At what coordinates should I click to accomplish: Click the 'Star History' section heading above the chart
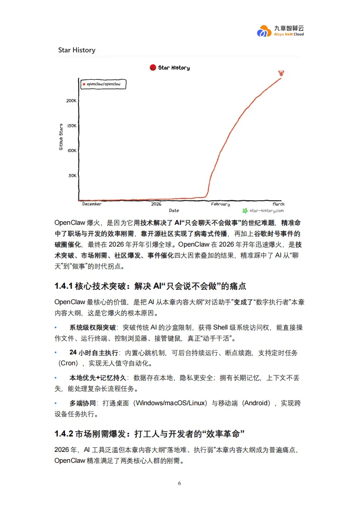point(77,50)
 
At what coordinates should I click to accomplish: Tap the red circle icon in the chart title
point(153,68)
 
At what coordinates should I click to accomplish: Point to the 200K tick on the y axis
point(71,101)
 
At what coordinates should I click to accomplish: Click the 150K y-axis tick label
point(71,126)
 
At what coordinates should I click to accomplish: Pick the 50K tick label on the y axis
point(72,175)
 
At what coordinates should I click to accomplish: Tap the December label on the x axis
point(92,204)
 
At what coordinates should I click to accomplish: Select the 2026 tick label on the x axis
point(156,204)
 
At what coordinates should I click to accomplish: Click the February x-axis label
point(220,204)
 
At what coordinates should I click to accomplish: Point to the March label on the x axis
point(278,204)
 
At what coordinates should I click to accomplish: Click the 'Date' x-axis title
point(174,211)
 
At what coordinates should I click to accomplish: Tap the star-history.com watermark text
point(266,211)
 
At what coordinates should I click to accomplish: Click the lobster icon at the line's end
point(282,73)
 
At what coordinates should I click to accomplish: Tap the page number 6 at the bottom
point(180,483)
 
